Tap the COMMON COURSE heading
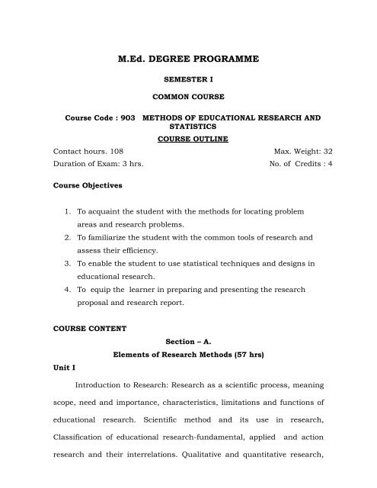pyautogui.click(x=187, y=98)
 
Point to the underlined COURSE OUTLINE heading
pyautogui.click(x=187, y=140)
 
